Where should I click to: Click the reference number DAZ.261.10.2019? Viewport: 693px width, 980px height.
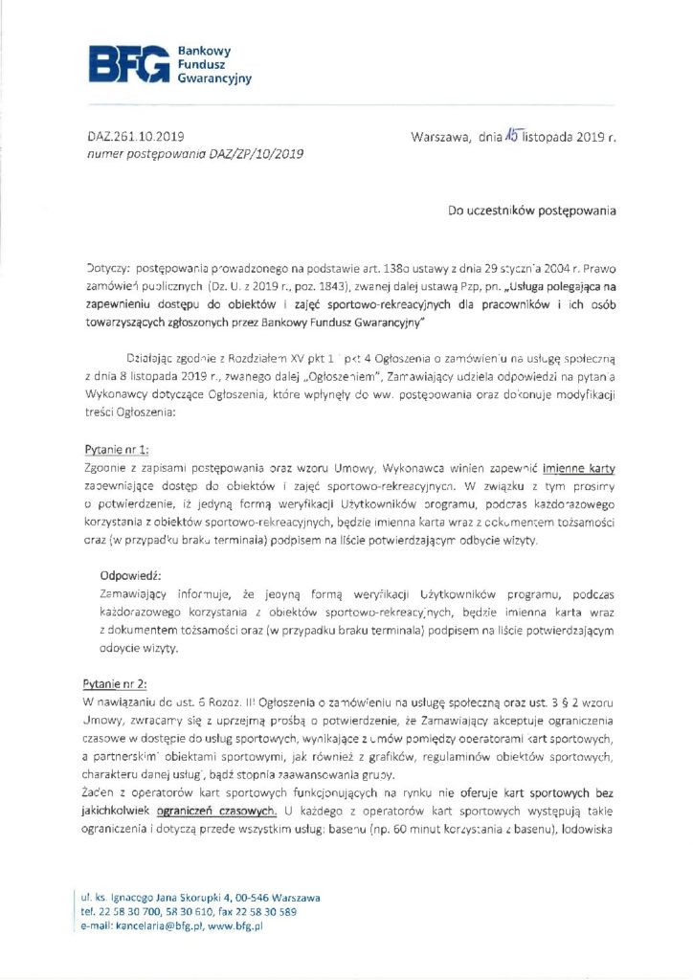click(129, 137)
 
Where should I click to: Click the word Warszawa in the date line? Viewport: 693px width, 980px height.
click(439, 137)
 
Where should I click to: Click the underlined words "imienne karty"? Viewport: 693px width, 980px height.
click(578, 468)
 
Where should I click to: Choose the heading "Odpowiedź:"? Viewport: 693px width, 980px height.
click(131, 577)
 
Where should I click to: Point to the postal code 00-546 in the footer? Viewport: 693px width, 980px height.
click(247, 899)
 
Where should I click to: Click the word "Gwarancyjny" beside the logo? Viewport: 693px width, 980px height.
click(214, 78)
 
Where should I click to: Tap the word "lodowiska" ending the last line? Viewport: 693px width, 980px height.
click(584, 829)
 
